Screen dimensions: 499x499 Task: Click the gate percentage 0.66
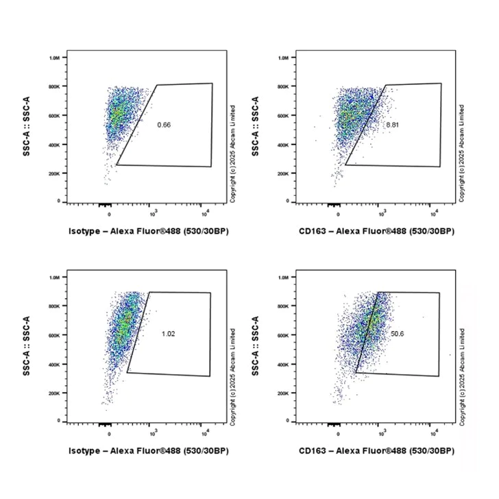(164, 124)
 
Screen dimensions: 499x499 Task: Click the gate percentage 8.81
(392, 125)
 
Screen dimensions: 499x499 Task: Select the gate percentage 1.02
(168, 334)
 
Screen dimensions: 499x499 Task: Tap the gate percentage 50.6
(397, 334)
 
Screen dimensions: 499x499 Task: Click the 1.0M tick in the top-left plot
(55, 58)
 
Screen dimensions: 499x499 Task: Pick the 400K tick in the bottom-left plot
(55, 364)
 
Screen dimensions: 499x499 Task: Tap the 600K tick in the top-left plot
(55, 116)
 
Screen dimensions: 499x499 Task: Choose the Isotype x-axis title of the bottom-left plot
(149, 450)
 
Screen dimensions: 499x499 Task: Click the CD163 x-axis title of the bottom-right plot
(377, 450)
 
